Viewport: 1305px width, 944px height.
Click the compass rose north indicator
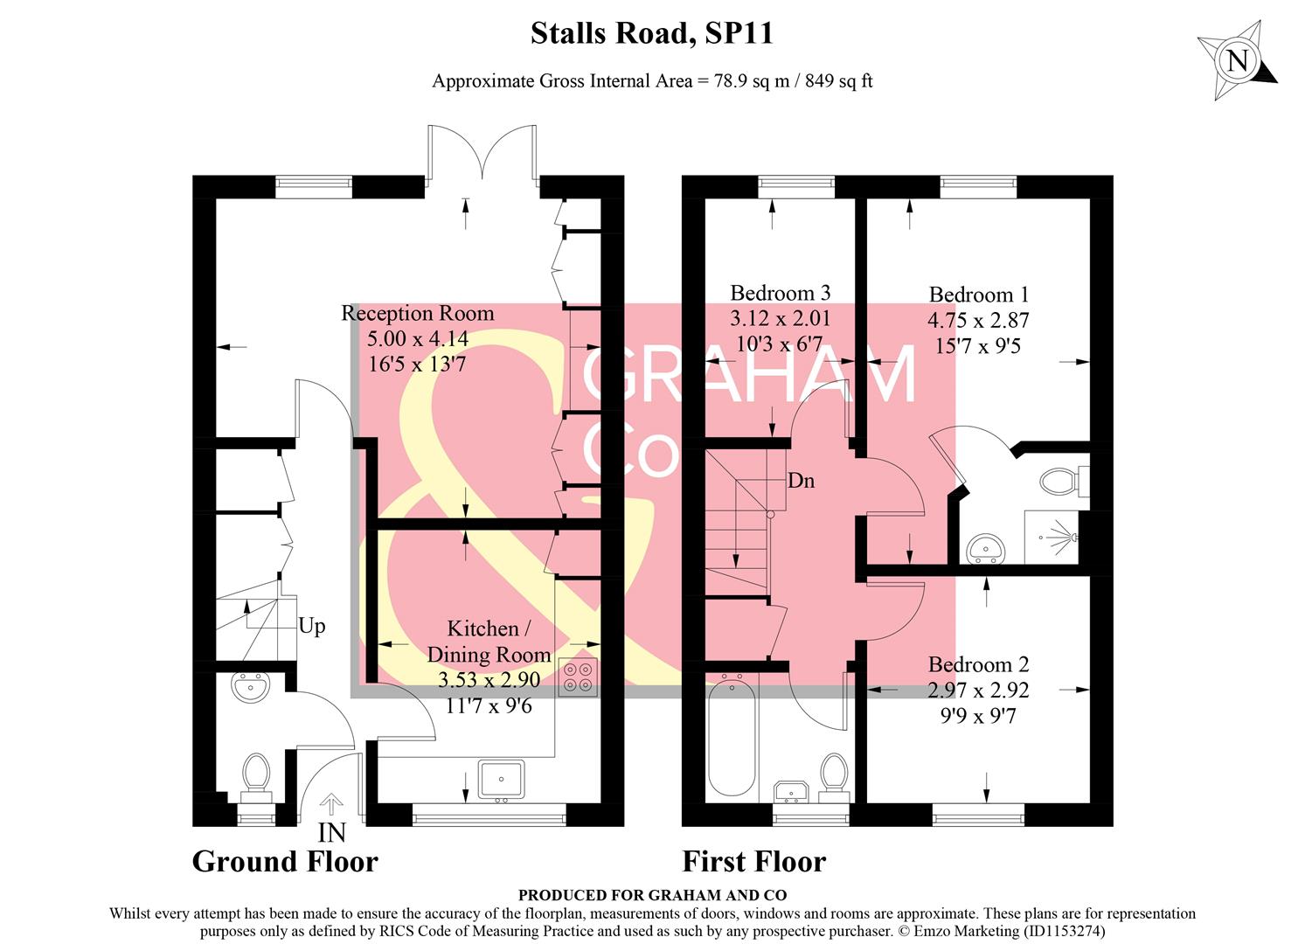[x=1237, y=60]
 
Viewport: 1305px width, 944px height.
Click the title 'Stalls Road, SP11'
[x=652, y=34]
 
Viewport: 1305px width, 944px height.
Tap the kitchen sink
[x=501, y=778]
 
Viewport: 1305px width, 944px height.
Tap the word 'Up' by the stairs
[x=312, y=626]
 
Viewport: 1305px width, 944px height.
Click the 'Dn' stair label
[x=801, y=481]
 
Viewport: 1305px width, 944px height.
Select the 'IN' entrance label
[x=331, y=832]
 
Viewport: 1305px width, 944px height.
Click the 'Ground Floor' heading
[x=285, y=862]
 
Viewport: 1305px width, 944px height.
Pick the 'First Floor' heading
[x=753, y=862]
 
